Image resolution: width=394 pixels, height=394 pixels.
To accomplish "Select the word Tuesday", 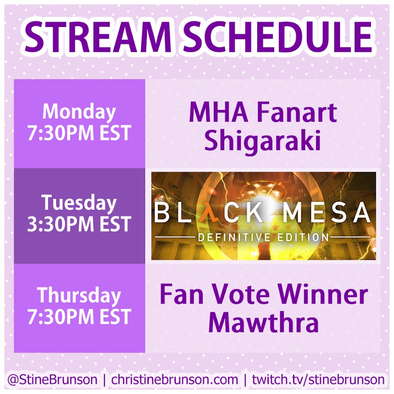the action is [x=79, y=203].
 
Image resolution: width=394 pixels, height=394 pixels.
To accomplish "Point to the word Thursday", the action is [x=79, y=296].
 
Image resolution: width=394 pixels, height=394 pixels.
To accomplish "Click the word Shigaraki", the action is [x=263, y=140].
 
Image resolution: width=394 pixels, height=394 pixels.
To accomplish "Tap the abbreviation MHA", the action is [x=219, y=113].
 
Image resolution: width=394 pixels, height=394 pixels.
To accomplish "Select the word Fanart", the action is [x=297, y=113].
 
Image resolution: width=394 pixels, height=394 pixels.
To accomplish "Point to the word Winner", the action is [x=324, y=294].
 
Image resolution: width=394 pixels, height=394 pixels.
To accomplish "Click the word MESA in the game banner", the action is [x=327, y=213].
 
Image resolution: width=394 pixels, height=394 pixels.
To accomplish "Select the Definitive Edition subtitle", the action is [x=263, y=237].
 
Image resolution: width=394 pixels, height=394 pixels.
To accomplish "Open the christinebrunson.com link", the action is [x=174, y=379].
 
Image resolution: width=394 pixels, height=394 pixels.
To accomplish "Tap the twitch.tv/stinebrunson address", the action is [x=318, y=379].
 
